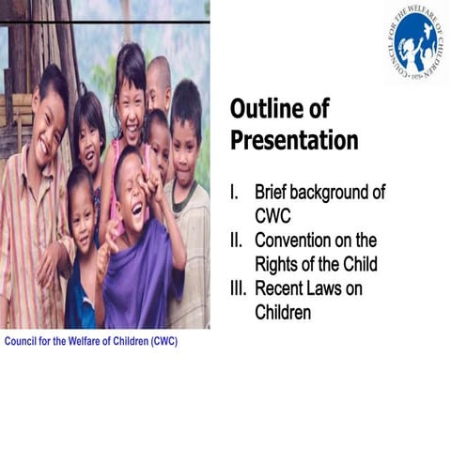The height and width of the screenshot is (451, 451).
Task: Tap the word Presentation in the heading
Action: click(294, 141)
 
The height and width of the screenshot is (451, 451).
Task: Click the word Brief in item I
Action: click(274, 193)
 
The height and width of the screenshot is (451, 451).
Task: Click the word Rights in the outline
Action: click(278, 264)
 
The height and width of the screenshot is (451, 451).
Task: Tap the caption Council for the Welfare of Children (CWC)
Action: click(91, 341)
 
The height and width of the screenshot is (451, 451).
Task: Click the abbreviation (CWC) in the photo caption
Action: click(160, 341)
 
